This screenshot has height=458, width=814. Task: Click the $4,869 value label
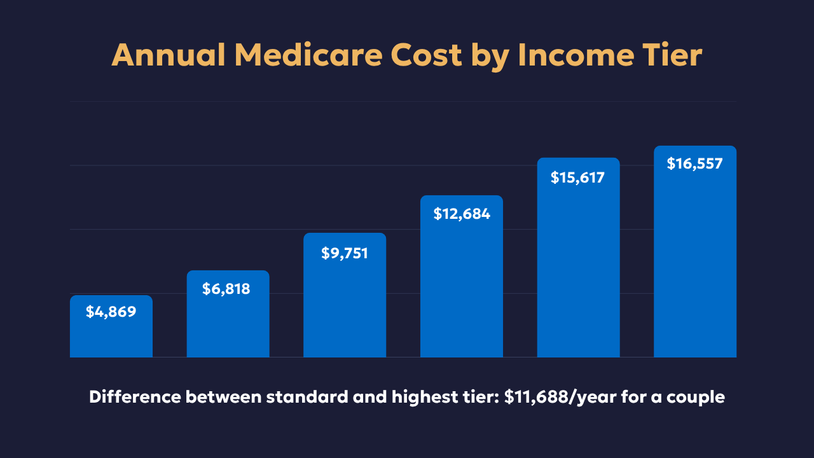click(111, 312)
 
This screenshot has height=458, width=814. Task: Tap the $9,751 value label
click(345, 253)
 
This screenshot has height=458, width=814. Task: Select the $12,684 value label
click(462, 214)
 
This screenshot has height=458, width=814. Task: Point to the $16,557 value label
click(695, 163)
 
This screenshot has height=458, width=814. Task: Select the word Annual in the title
click(169, 56)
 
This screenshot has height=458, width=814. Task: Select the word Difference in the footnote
click(135, 398)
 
